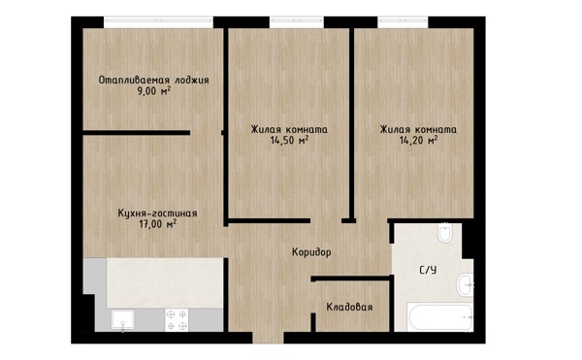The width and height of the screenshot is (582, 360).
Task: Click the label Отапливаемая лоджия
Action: click(153, 81)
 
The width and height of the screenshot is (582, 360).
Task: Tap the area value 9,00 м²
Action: click(154, 91)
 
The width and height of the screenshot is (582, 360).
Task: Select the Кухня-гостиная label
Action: click(157, 213)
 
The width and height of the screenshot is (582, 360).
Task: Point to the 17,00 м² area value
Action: click(157, 224)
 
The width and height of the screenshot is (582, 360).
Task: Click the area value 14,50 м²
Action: click(289, 141)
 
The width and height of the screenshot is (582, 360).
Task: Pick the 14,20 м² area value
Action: click(418, 141)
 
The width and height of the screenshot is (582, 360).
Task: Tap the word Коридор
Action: click(311, 252)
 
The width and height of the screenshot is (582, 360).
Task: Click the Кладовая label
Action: click(349, 308)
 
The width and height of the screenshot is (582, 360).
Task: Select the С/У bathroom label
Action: click(428, 270)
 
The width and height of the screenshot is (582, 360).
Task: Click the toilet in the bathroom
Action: click(444, 233)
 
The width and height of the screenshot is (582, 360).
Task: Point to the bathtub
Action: click(439, 317)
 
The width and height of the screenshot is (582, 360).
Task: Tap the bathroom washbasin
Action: click(464, 284)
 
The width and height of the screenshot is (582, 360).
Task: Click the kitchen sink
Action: click(123, 319)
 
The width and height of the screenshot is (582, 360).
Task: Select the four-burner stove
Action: click(177, 320)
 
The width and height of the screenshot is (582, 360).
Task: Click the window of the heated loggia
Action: click(158, 22)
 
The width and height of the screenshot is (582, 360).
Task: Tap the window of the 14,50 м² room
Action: click(297, 22)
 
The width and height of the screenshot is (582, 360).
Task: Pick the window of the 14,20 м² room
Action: click(404, 22)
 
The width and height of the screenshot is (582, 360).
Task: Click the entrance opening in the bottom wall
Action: click(268, 338)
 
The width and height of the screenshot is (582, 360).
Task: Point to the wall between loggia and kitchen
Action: click(136, 133)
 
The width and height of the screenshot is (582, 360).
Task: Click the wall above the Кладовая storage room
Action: click(352, 278)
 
